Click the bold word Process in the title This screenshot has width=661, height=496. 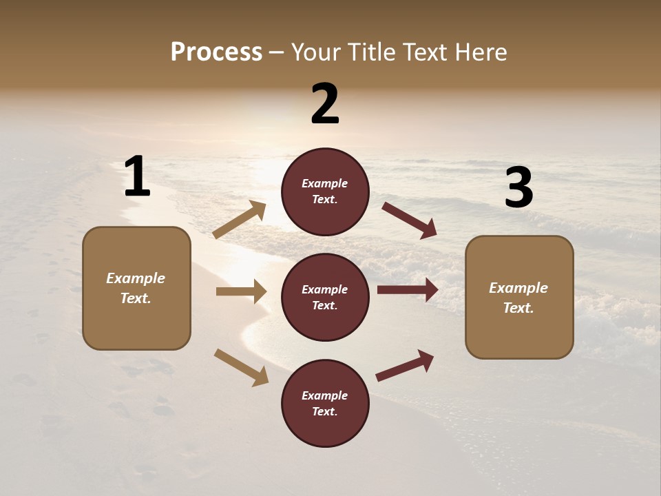pyautogui.click(x=216, y=52)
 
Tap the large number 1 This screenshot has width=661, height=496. pyautogui.click(x=137, y=177)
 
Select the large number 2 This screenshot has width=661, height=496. pyautogui.click(x=325, y=104)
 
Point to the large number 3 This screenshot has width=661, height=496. pyautogui.click(x=518, y=188)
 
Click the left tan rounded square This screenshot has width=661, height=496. pyautogui.click(x=136, y=288)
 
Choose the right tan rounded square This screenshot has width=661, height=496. pyautogui.click(x=519, y=297)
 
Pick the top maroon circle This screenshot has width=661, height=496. pyautogui.click(x=325, y=192)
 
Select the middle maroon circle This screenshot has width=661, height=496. pyautogui.click(x=325, y=297)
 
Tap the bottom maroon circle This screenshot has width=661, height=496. pyautogui.click(x=325, y=403)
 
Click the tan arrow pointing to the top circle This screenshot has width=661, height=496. pyautogui.click(x=240, y=220)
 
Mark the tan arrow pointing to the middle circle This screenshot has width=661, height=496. pyautogui.click(x=241, y=291)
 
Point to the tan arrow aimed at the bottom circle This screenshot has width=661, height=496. pyautogui.click(x=241, y=366)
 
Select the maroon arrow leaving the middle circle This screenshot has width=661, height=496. pyautogui.click(x=408, y=290)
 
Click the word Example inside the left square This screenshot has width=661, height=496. pyautogui.click(x=136, y=278)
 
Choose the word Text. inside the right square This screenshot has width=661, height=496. pyautogui.click(x=518, y=308)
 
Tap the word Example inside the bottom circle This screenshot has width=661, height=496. pyautogui.click(x=325, y=395)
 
